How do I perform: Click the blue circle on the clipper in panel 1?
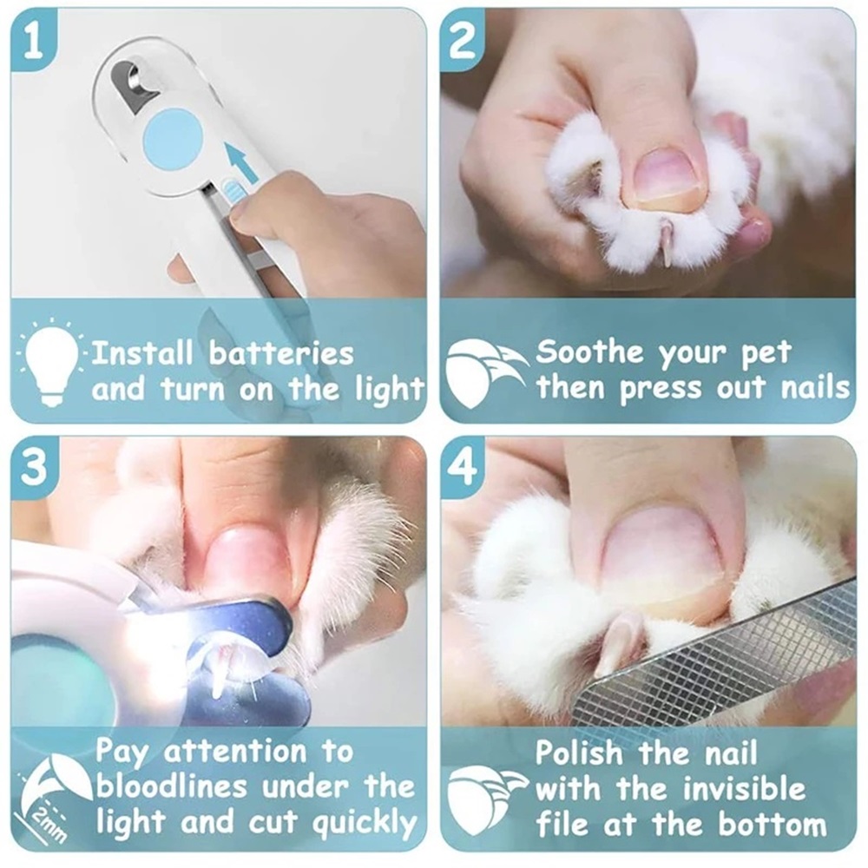pos(172,137)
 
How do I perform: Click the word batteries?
pos(281,352)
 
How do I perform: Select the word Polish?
pos(579,753)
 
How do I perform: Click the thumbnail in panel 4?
pos(659,554)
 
